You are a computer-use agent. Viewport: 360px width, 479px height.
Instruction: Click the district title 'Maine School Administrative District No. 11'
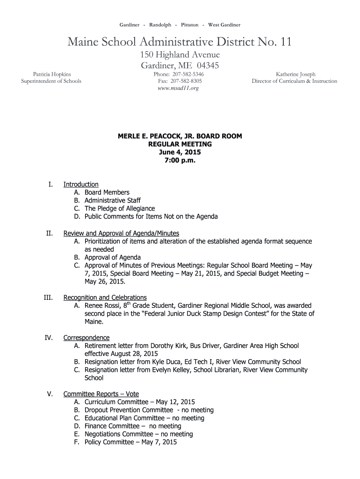click(x=180, y=43)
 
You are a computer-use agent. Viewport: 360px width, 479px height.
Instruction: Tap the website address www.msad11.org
click(x=180, y=88)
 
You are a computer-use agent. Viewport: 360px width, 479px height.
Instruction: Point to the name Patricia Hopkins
click(x=51, y=74)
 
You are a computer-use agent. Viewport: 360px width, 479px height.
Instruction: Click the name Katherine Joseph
click(x=295, y=74)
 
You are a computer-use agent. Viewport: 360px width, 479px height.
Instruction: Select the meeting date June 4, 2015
click(x=180, y=152)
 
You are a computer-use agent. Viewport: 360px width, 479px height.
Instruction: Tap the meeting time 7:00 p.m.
click(x=180, y=160)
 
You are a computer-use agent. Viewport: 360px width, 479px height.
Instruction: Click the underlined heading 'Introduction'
click(x=81, y=184)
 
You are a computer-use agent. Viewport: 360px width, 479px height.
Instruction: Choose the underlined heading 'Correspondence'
click(x=86, y=338)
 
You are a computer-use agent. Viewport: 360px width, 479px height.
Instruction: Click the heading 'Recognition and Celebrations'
click(x=105, y=298)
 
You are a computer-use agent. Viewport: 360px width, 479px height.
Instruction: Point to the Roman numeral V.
click(x=50, y=394)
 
